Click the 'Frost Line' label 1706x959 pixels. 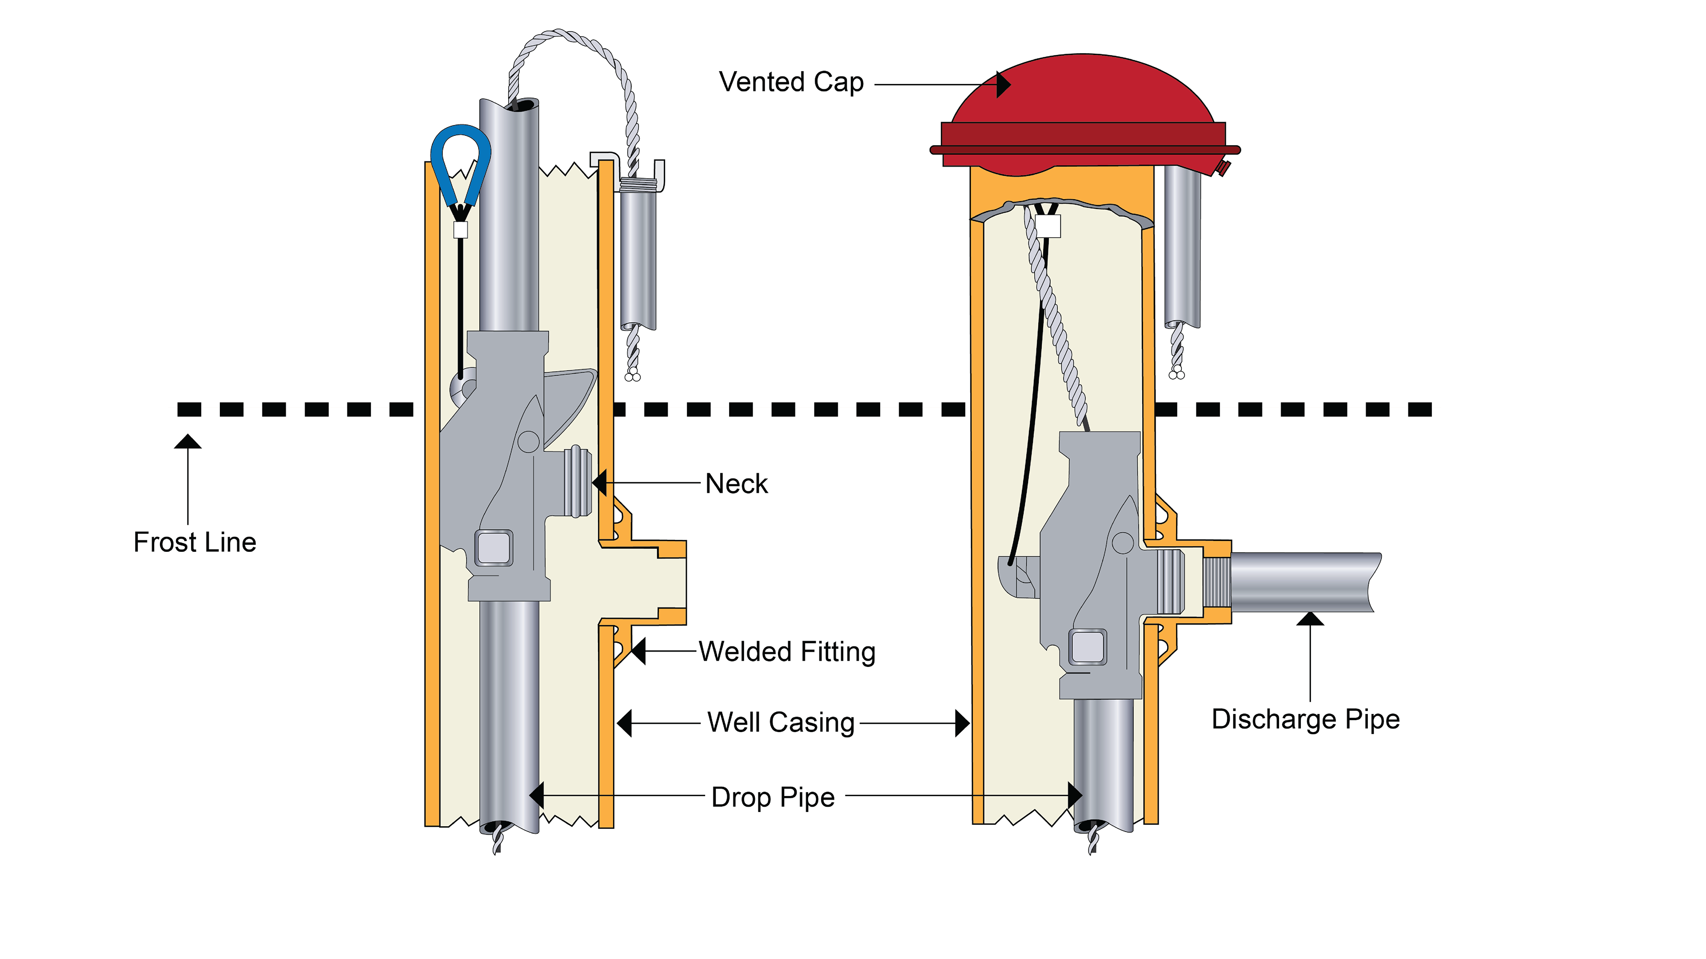[x=195, y=542]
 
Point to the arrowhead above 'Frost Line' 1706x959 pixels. [x=188, y=441]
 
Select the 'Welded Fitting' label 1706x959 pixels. [x=787, y=652]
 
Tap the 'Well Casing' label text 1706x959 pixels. [x=781, y=722]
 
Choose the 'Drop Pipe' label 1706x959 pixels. [x=773, y=797]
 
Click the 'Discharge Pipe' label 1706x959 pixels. [x=1305, y=719]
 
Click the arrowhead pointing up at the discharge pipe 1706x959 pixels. [x=1310, y=619]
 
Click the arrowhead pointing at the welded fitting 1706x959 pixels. [x=638, y=651]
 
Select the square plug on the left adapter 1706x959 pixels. [x=494, y=548]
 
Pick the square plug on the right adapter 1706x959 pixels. [x=1088, y=646]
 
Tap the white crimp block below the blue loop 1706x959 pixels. [x=460, y=230]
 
